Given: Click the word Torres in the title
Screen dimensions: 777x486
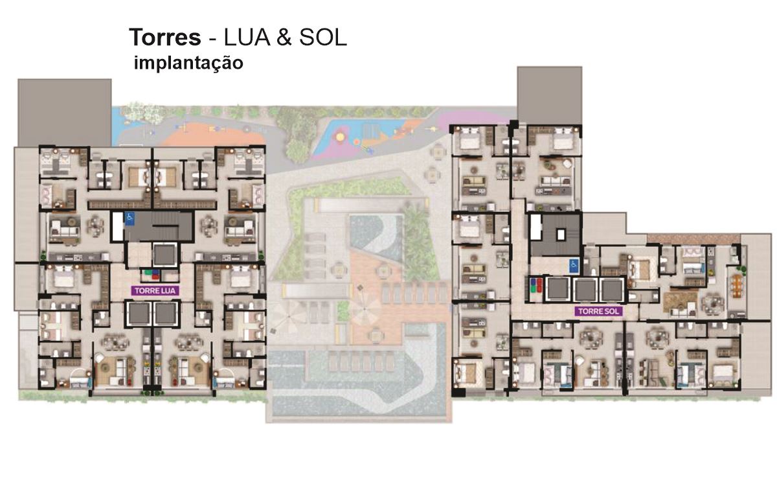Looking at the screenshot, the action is point(165,38).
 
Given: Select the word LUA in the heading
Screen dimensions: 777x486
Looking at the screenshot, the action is point(247,38).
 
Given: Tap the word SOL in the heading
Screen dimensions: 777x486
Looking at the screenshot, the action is point(323,38).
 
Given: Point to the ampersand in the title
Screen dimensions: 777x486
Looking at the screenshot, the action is point(284,38).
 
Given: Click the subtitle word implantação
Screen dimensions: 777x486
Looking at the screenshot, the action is point(188,64).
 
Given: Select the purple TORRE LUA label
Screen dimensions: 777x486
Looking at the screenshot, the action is point(155,290).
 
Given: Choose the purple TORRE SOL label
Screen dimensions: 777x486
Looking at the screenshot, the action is point(599,311).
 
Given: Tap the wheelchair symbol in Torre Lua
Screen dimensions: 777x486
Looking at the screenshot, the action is point(130,218).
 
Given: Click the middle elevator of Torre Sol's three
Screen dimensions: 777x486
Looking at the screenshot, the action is point(585,290).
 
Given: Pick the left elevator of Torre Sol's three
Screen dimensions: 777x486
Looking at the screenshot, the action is point(558,290).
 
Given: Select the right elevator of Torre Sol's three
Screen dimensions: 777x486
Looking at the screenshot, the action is point(612,290).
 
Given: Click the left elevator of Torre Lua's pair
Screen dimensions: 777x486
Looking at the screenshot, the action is point(139,314).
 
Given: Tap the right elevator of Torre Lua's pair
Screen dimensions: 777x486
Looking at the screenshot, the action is point(166,314).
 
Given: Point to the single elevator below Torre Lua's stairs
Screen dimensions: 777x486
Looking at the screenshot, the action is point(164,255).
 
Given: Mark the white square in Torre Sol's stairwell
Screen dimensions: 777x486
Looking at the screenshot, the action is point(561,235).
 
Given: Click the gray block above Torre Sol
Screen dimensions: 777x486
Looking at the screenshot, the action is point(550,96).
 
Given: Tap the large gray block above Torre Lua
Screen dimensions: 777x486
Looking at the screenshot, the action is point(65,112).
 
